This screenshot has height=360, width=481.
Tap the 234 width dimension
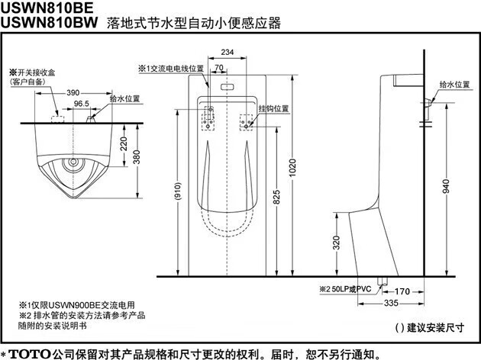tap(226, 51)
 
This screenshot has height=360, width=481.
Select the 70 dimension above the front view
tap(219, 68)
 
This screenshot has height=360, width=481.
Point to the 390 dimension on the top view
tap(73, 92)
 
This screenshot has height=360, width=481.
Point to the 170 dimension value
tap(403, 291)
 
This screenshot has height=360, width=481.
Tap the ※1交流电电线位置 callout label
tap(171, 68)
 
